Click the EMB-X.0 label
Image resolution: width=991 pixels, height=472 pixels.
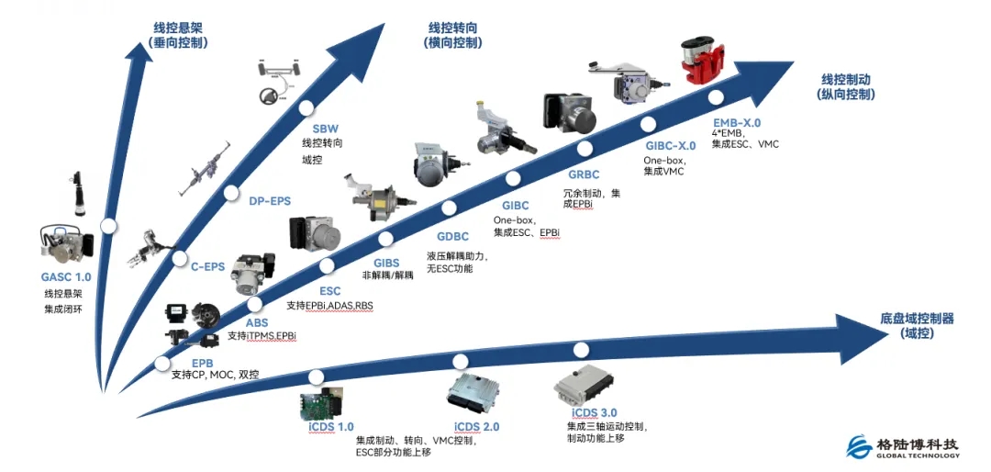[x=737, y=121]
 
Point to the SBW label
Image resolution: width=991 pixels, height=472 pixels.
[x=325, y=129]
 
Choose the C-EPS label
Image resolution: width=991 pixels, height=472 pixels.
[x=206, y=267]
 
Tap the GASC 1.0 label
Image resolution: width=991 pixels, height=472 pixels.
[x=66, y=276]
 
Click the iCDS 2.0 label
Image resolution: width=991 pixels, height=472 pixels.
[x=477, y=426]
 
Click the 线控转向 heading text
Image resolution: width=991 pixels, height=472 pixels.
[x=453, y=28]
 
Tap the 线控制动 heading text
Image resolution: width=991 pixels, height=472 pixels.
[x=845, y=79]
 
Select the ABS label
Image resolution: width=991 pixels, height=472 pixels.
[x=257, y=323]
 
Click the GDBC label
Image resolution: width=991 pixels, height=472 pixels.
[x=452, y=237]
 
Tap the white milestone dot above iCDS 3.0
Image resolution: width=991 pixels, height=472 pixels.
[x=581, y=349]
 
